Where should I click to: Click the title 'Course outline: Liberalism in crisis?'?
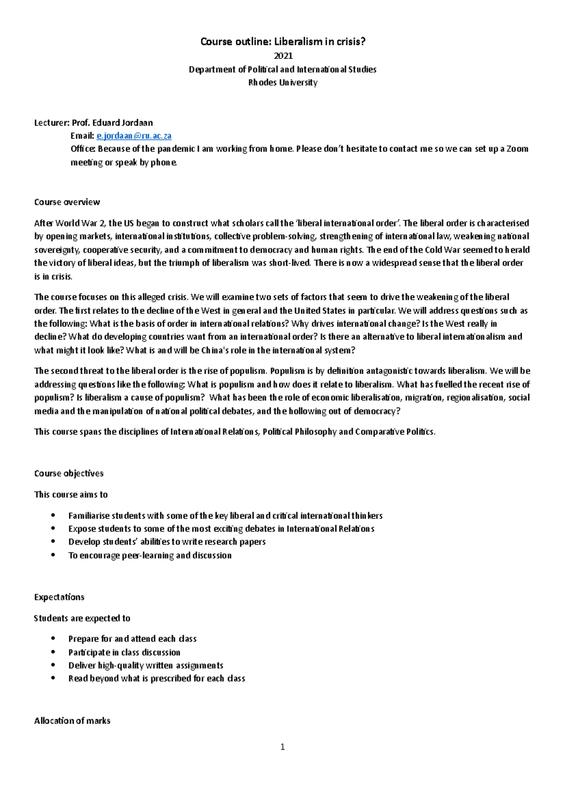(x=282, y=41)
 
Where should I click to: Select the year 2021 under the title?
(x=283, y=56)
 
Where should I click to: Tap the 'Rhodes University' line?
(x=282, y=82)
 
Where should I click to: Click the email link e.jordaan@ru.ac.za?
(x=134, y=136)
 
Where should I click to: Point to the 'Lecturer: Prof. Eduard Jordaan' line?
(x=93, y=123)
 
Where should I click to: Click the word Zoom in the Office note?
(x=517, y=149)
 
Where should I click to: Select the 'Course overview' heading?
(x=67, y=202)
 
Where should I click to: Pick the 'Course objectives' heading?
(x=69, y=473)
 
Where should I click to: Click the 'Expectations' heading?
(x=59, y=597)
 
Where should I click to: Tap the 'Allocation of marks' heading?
(x=72, y=721)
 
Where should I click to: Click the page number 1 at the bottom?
(x=282, y=747)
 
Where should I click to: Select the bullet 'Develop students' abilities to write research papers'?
(x=167, y=542)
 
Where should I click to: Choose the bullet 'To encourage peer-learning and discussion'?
(x=150, y=555)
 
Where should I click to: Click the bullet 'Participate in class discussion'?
(x=124, y=652)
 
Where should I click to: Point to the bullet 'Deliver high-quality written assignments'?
(x=145, y=665)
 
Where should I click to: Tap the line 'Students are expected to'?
(x=82, y=618)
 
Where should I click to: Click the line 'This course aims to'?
(x=71, y=495)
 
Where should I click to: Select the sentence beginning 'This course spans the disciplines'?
(x=234, y=431)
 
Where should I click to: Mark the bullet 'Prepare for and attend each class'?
(x=132, y=639)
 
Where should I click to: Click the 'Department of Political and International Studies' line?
(x=282, y=69)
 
